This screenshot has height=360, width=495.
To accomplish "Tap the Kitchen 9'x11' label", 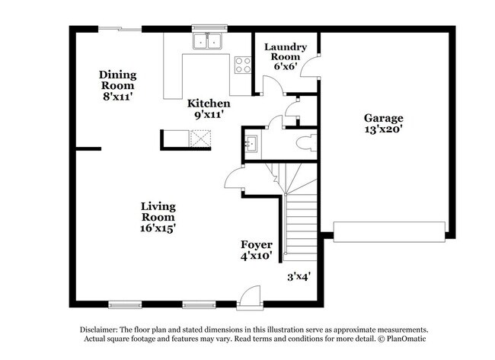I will [209, 110].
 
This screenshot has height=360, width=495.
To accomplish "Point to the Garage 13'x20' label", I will [383, 124].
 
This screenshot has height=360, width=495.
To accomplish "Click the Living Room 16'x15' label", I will [158, 217].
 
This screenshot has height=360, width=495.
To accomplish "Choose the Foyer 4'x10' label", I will [257, 250].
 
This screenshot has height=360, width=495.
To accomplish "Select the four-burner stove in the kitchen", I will [243, 65].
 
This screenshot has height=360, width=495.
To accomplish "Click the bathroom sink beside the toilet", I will [251, 142].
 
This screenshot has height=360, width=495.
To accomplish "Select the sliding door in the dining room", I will [120, 30].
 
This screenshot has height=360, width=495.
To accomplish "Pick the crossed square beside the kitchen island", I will [202, 139].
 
